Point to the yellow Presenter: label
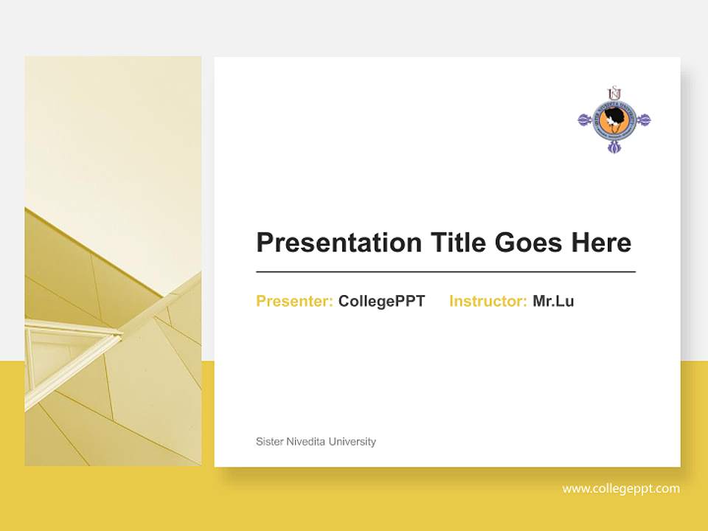[294, 301]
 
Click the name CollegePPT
[381, 301]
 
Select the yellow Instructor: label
[487, 301]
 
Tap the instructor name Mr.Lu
[553, 301]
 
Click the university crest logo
[614, 119]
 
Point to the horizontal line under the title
[445, 272]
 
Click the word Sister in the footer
[268, 442]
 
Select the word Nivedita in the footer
[305, 442]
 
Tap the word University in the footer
[353, 442]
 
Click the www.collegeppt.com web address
[621, 488]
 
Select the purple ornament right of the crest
[643, 119]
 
